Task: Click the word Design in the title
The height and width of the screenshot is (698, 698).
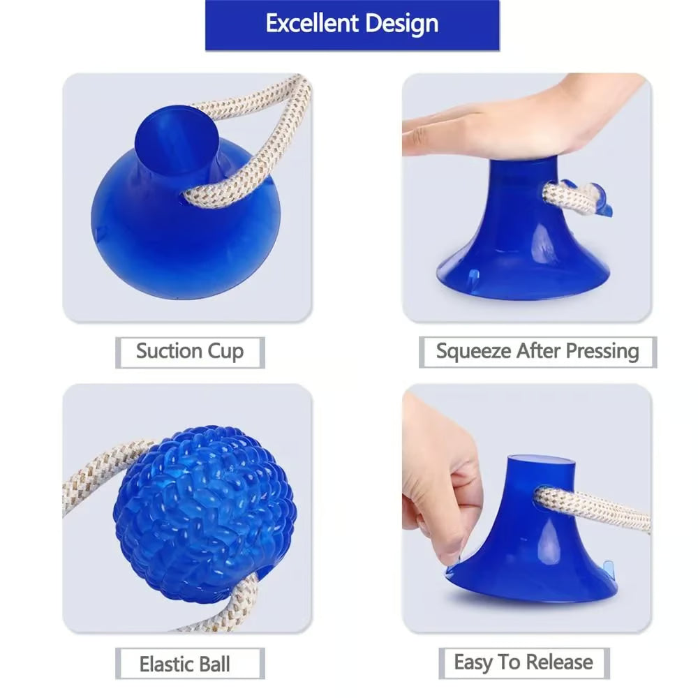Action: [400, 24]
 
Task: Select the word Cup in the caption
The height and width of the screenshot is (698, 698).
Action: [225, 351]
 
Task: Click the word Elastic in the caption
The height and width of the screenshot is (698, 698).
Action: [165, 663]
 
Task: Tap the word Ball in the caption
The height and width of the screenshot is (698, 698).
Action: [214, 663]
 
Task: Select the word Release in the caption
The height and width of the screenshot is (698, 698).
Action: [558, 662]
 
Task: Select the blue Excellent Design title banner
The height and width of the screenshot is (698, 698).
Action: [352, 24]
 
